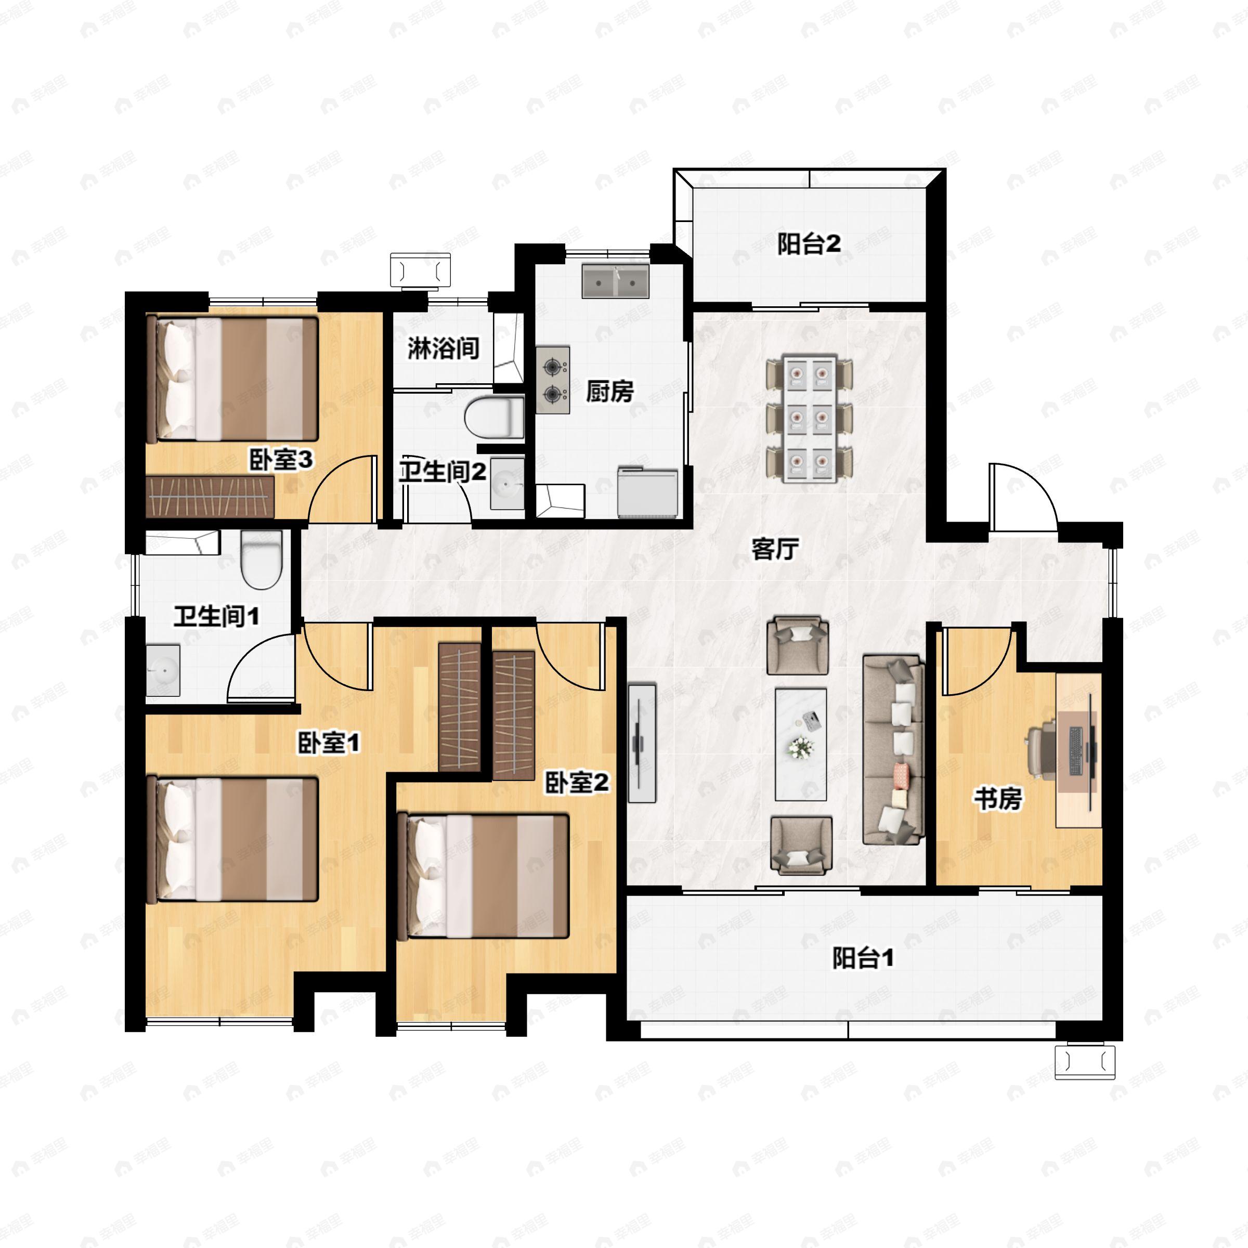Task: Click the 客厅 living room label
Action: coord(775,549)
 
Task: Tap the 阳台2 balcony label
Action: coord(809,244)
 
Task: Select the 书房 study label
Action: coord(998,799)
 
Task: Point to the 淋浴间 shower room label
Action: coord(443,348)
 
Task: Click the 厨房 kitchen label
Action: coord(610,391)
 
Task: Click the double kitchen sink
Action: coord(615,281)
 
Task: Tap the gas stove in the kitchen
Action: coord(553,380)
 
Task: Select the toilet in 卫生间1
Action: coord(262,560)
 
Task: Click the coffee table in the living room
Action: coord(801,744)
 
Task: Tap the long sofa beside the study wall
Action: coord(893,749)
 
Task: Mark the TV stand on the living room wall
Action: coord(642,744)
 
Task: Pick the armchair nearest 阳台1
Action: coord(801,845)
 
